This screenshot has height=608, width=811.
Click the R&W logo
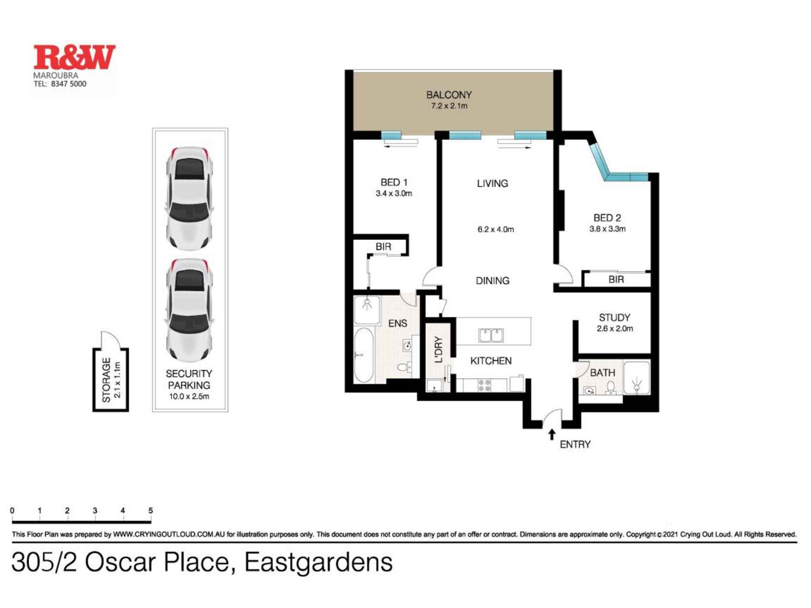tap(74, 57)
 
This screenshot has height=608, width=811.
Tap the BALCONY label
tap(449, 95)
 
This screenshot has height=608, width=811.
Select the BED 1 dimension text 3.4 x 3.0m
tap(394, 194)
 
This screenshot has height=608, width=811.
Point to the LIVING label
tap(492, 184)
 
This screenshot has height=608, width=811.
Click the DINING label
tap(492, 280)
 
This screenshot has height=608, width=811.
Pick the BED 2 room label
tap(607, 218)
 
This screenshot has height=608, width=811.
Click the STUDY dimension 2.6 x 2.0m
tap(615, 329)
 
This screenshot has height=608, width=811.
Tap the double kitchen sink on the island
tap(491, 336)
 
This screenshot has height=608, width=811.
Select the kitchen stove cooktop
tap(485, 385)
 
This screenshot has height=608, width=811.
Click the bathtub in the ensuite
tap(364, 355)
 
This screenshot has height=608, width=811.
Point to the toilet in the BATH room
tap(611, 388)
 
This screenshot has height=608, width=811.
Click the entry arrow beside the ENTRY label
tap(551, 434)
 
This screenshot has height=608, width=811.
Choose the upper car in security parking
tap(189, 198)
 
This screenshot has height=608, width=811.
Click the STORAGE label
tap(106, 380)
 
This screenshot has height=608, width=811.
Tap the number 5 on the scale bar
tap(150, 511)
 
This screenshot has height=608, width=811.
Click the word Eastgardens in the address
tap(318, 563)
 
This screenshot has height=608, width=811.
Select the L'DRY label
tap(438, 349)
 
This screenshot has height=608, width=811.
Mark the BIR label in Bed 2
tap(616, 279)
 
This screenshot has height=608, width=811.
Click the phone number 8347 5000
tap(69, 84)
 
